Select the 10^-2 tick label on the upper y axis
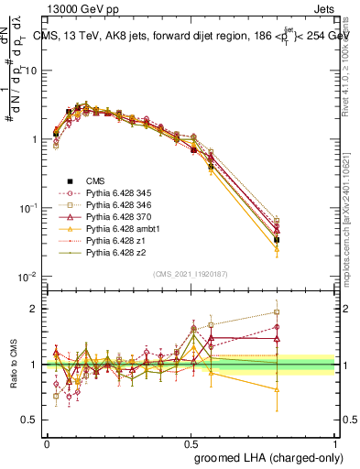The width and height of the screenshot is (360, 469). coord(31,277)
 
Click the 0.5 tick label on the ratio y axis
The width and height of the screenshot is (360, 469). coord(31,420)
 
